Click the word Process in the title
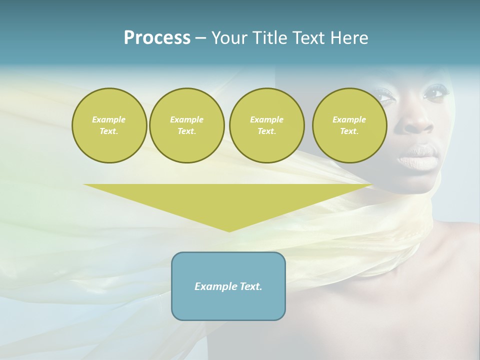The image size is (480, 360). click(x=157, y=38)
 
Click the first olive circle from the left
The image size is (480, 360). click(x=109, y=125)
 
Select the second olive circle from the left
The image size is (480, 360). click(x=186, y=125)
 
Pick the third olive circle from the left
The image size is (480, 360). click(x=266, y=125)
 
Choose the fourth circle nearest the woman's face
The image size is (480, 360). click(x=349, y=125)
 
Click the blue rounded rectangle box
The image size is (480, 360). click(x=228, y=286)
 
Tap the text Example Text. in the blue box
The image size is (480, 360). click(x=228, y=286)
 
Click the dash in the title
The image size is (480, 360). click(x=200, y=38)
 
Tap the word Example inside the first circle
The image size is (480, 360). click(x=109, y=119)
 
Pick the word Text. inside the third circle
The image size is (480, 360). click(x=266, y=131)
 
